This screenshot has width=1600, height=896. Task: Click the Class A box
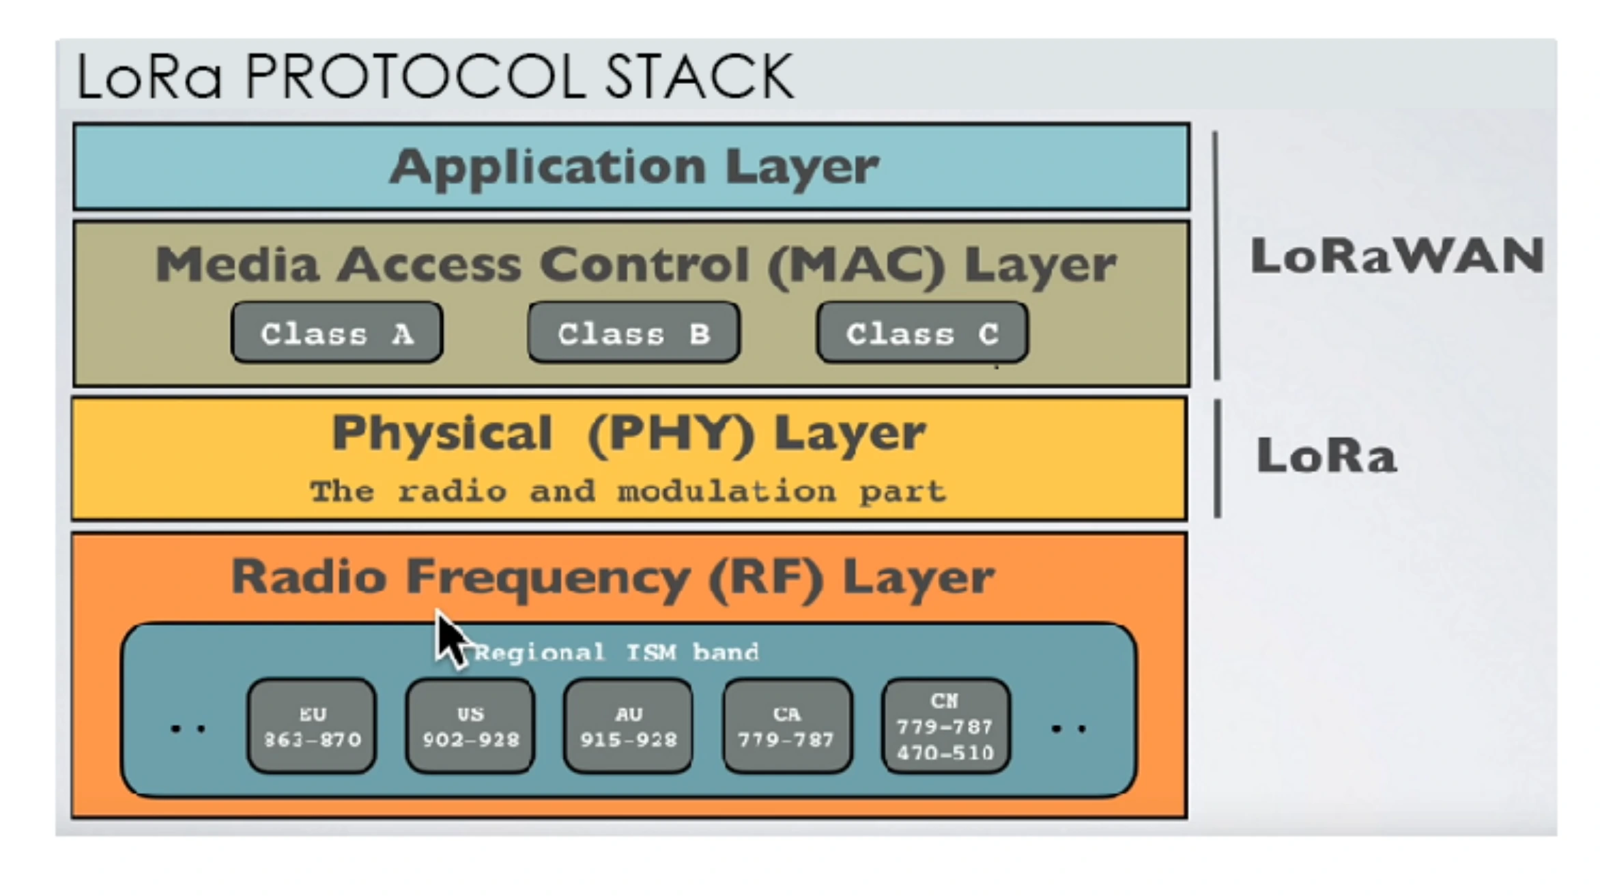click(337, 332)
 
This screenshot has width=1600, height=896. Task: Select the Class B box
click(634, 332)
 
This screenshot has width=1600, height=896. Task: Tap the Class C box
click(923, 332)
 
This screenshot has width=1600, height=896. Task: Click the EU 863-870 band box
click(312, 726)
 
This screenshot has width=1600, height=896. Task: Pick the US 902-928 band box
click(470, 726)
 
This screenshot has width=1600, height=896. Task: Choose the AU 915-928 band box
click(629, 726)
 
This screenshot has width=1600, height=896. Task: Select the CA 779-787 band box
click(787, 726)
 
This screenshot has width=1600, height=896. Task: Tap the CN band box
click(945, 726)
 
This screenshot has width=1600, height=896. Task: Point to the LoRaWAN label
click(1397, 256)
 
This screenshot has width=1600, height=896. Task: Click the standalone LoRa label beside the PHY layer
click(1326, 455)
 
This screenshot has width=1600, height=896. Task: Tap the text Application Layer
click(634, 167)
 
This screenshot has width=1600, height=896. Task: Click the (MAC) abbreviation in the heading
click(857, 265)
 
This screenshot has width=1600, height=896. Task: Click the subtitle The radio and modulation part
click(628, 491)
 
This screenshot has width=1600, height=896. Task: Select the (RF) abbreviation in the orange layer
click(767, 579)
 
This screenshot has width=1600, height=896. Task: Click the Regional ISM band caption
click(616, 652)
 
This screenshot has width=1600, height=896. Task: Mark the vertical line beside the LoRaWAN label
click(1216, 255)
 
